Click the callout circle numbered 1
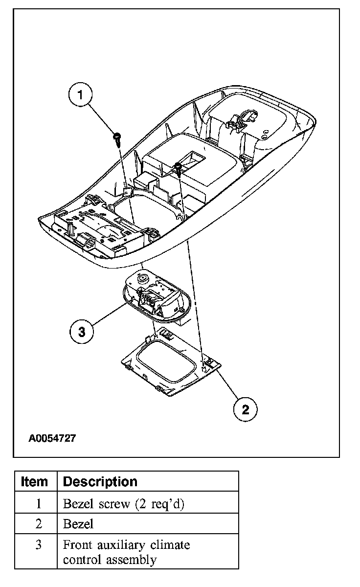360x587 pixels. (82, 95)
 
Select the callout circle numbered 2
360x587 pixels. (245, 409)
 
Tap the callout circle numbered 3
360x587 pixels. (82, 332)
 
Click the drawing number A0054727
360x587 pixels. (52, 438)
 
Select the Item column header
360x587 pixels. (35, 481)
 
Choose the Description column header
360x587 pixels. (100, 481)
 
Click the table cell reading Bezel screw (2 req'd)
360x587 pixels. (124, 504)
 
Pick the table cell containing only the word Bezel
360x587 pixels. (78, 524)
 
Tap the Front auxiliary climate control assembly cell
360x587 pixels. (127, 552)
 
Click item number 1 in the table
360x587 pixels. (39, 504)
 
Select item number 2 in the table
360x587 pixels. (39, 524)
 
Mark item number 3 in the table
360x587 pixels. (39, 545)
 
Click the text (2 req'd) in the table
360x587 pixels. (162, 504)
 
